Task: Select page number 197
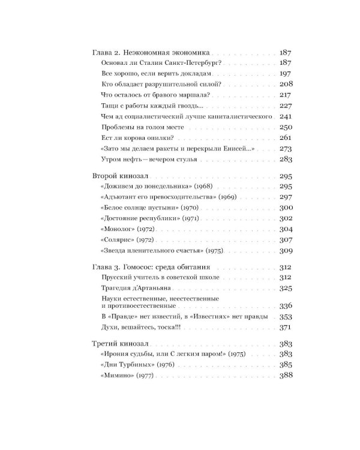tap(286, 73)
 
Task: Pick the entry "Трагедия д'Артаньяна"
tap(127, 288)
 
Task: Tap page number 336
tap(286, 305)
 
